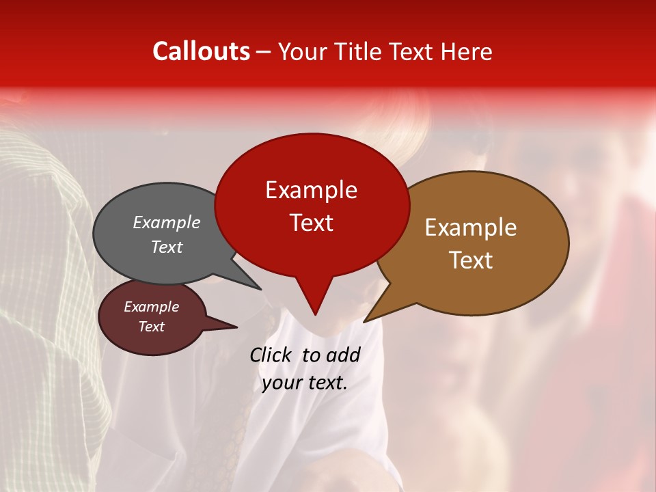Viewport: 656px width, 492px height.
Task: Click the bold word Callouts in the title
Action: [201, 51]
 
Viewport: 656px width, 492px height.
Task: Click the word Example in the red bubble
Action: [311, 190]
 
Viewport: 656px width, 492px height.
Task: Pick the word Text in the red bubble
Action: [311, 222]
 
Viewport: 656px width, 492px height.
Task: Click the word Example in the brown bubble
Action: [471, 228]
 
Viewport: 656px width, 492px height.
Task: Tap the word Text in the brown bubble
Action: [471, 260]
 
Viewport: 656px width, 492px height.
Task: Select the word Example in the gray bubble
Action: [167, 223]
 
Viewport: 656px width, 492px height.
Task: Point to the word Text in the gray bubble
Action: [167, 247]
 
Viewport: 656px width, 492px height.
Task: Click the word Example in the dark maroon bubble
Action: [152, 307]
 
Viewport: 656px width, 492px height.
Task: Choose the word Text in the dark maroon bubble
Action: [152, 327]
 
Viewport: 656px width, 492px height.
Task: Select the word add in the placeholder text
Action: [343, 355]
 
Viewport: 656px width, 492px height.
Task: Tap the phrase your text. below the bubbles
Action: [305, 383]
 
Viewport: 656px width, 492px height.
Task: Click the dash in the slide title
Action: [264, 51]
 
